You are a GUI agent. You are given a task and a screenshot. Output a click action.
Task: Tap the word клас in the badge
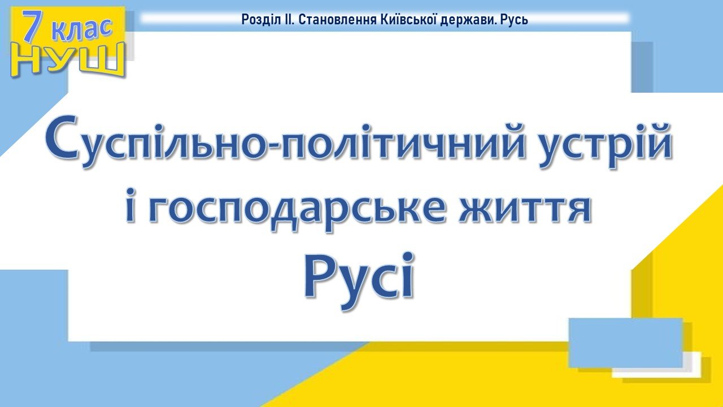click(82, 29)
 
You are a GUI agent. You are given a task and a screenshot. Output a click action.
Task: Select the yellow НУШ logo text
click(67, 61)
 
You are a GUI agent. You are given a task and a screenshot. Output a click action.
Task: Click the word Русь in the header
click(515, 20)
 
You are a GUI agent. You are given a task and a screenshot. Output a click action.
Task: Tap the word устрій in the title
click(606, 145)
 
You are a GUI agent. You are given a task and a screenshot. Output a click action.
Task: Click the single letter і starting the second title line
click(130, 205)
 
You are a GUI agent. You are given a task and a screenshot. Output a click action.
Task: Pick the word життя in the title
click(525, 210)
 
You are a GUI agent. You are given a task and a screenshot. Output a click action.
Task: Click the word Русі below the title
click(359, 280)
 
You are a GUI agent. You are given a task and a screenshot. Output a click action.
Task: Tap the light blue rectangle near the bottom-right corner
click(625, 343)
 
